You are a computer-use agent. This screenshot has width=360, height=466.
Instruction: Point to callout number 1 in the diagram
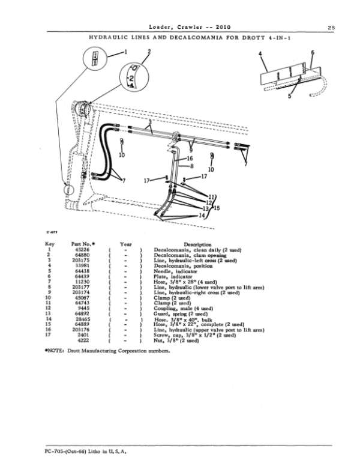coord(126,52)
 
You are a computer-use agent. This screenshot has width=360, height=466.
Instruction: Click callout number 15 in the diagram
coord(217,208)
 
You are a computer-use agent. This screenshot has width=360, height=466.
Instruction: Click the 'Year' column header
coord(125,245)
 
